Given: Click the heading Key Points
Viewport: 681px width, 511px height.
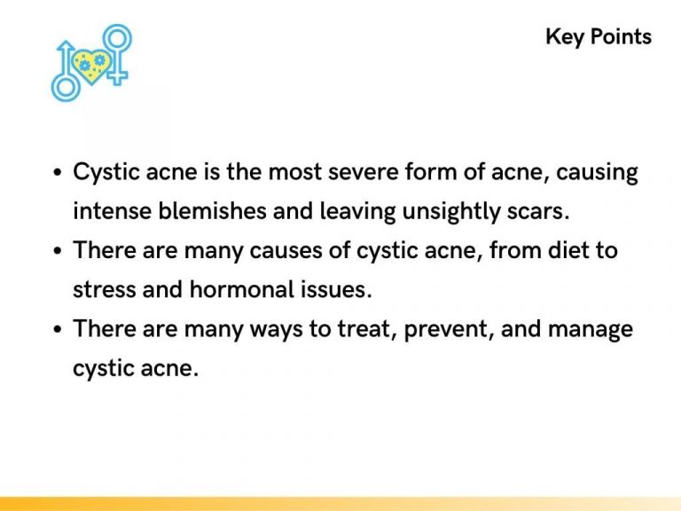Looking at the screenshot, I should coord(599,36).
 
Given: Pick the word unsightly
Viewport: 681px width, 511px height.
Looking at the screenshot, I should coord(427,211).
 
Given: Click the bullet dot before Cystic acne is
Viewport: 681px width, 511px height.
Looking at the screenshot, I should coord(57,173).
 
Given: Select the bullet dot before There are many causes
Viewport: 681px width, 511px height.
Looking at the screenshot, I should coord(57,251).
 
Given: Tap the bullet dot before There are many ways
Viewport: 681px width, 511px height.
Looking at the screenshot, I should coord(57,330).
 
